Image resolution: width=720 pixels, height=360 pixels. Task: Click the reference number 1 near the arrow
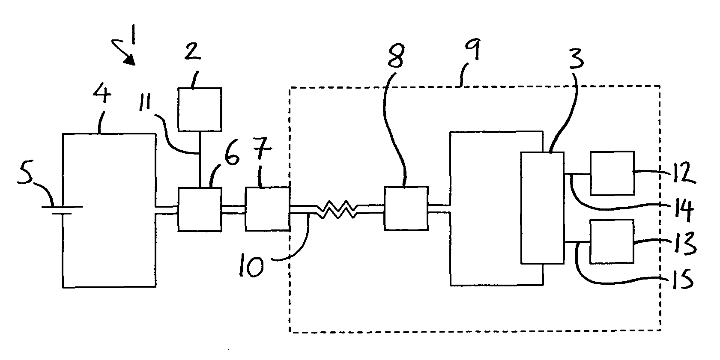pyautogui.click(x=133, y=34)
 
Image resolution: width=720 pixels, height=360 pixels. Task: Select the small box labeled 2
pyautogui.click(x=200, y=109)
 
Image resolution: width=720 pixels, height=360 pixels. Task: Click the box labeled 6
pyautogui.click(x=200, y=209)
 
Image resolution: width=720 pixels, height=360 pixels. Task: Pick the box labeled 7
pyautogui.click(x=267, y=209)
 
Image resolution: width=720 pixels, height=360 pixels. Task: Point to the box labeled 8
pyautogui.click(x=406, y=208)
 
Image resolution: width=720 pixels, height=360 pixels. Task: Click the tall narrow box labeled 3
pyautogui.click(x=542, y=208)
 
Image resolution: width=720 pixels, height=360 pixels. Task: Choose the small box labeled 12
pyautogui.click(x=612, y=173)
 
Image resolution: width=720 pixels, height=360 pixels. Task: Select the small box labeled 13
pyautogui.click(x=612, y=241)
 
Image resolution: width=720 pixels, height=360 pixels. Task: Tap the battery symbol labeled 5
pyautogui.click(x=62, y=210)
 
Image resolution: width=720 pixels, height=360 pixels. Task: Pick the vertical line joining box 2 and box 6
pyautogui.click(x=200, y=159)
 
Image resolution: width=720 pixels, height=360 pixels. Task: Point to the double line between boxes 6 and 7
pyautogui.click(x=233, y=209)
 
